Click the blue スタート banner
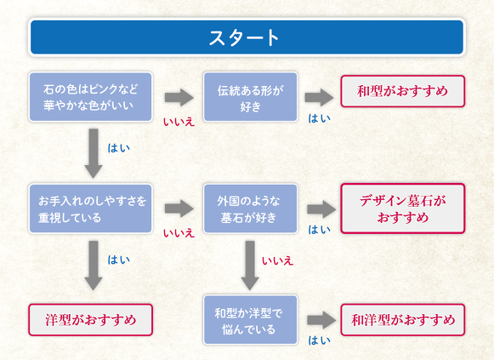tap(247, 37)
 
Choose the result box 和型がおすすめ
tap(402, 90)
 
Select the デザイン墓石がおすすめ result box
tap(402, 209)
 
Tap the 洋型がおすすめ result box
tap(91, 321)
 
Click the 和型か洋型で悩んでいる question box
tap(250, 320)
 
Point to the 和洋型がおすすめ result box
tap(402, 320)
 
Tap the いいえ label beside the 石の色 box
tap(179, 122)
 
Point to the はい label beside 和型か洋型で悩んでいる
tap(320, 340)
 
